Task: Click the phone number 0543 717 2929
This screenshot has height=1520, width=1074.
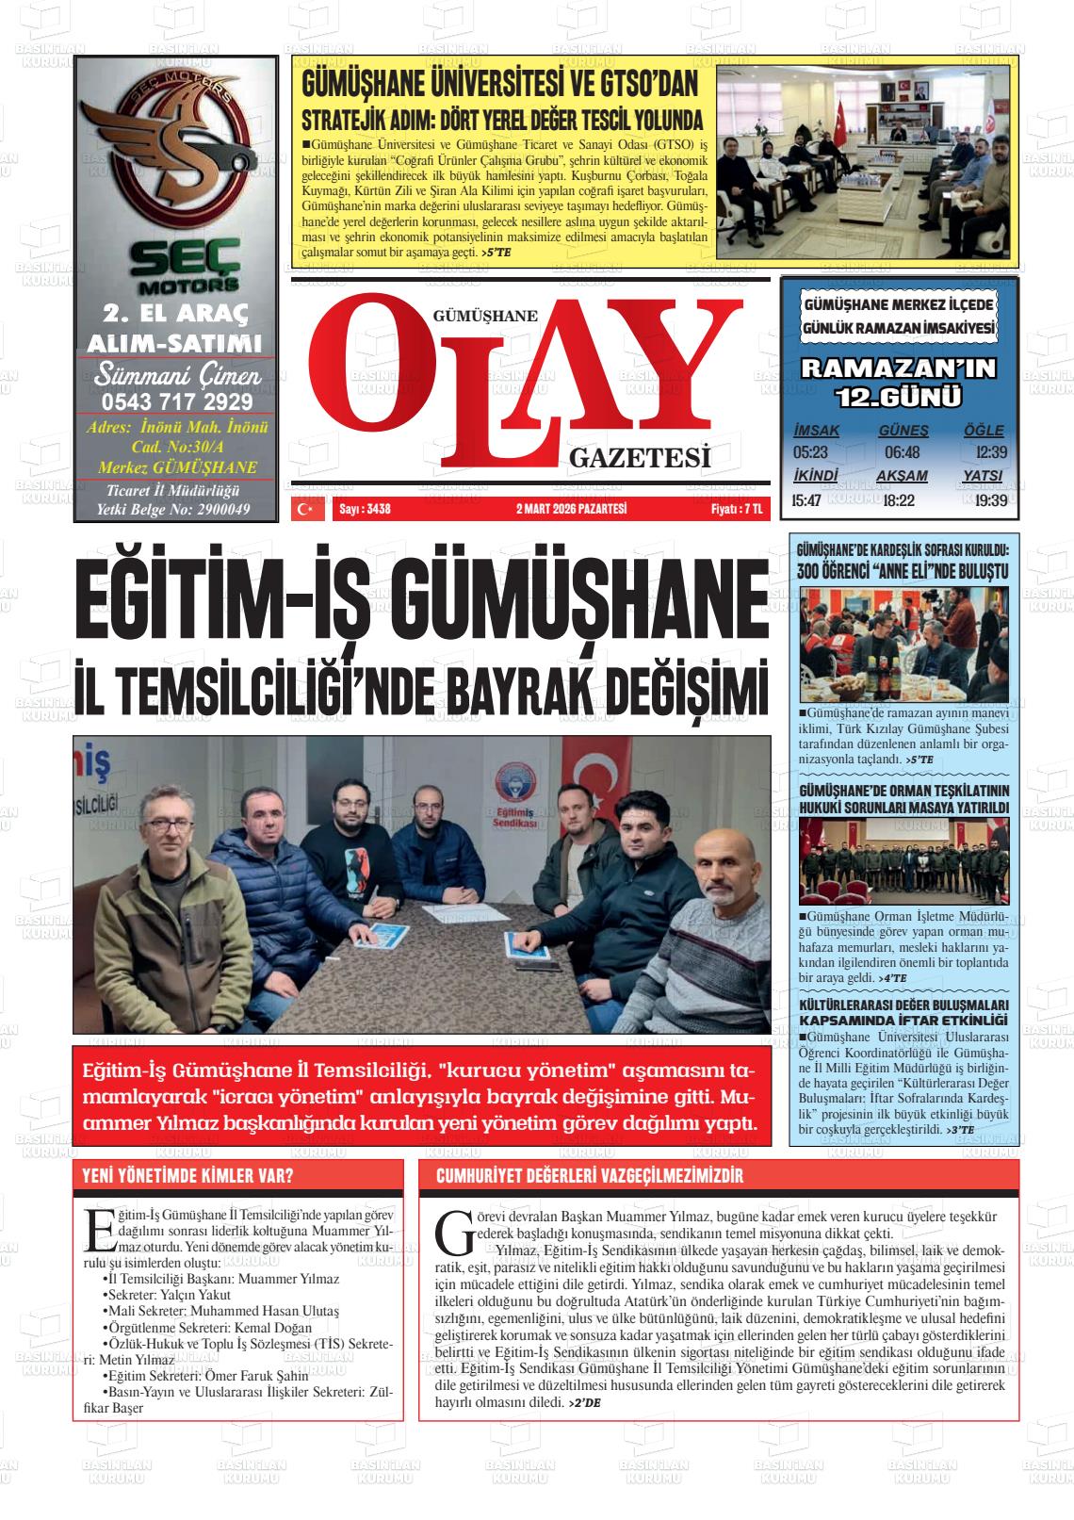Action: (x=176, y=401)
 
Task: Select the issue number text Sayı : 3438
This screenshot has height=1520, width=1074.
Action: (x=364, y=510)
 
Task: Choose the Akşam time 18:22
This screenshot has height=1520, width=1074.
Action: (x=899, y=499)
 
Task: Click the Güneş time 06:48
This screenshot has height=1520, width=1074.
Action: (x=902, y=452)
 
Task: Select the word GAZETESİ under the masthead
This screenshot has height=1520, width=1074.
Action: (x=639, y=458)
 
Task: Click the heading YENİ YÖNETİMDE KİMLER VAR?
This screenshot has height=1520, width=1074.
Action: (x=188, y=1176)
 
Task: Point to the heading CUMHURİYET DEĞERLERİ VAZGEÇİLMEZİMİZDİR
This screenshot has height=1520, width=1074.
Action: (x=590, y=1176)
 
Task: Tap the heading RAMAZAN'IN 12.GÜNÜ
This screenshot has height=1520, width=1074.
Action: (x=898, y=382)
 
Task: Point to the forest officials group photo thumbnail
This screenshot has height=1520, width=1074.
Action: (x=903, y=860)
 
